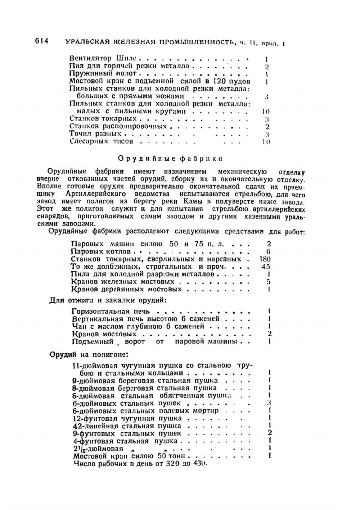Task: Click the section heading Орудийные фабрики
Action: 170,158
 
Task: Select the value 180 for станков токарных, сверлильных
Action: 265,259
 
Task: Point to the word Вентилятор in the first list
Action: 91,58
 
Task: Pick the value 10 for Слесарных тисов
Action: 266,141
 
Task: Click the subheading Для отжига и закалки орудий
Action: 108,300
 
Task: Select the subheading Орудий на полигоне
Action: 88,354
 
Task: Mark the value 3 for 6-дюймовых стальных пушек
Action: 269,403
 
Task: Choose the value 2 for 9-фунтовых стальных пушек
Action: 270,433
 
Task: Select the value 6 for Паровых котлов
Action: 268,251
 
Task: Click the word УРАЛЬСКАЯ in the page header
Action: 82,42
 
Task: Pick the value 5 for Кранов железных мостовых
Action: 269,282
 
